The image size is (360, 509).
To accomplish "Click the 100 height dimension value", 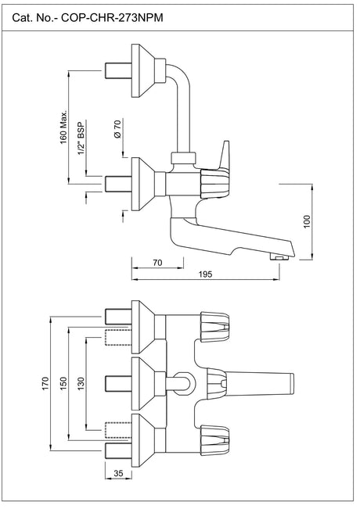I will click(x=308, y=221).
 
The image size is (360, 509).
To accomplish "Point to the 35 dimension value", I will click(x=117, y=473).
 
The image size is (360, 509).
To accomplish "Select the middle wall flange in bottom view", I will click(x=146, y=383).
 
